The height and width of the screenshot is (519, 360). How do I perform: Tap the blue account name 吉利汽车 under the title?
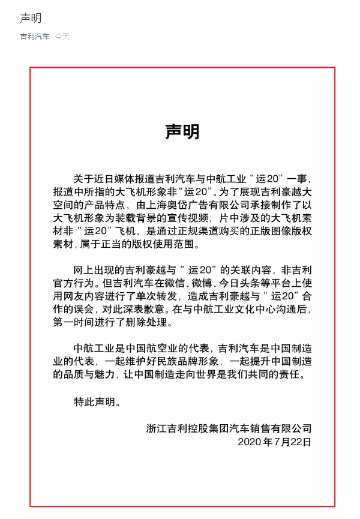click(x=35, y=37)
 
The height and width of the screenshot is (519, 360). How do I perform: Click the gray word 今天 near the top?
click(x=62, y=37)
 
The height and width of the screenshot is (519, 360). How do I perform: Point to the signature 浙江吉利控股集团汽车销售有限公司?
click(x=229, y=428)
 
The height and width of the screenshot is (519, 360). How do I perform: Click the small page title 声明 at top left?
click(x=31, y=18)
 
